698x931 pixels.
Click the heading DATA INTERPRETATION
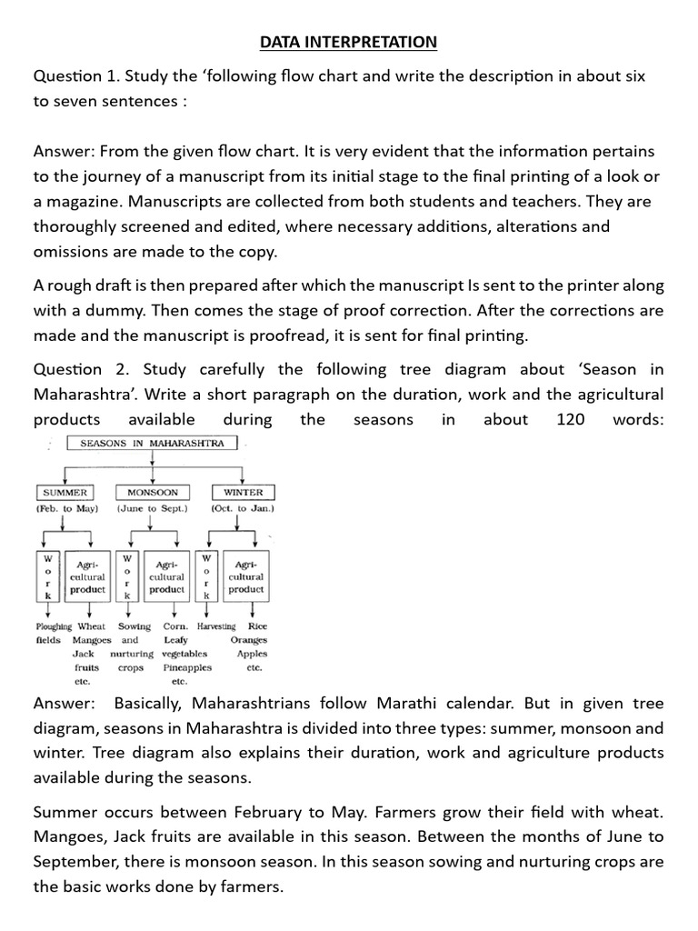point(348,42)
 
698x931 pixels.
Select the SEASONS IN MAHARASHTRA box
point(153,444)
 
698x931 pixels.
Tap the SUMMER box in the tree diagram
point(65,492)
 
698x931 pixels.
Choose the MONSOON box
point(152,492)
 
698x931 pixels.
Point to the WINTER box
point(242,492)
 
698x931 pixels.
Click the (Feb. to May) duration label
point(67,508)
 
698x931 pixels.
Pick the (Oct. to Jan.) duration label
point(242,508)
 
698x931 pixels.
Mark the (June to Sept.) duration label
point(152,508)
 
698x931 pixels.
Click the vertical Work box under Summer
point(47,576)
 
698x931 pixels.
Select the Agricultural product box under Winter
point(245,576)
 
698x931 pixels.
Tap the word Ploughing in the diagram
point(54,626)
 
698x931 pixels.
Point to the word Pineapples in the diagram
point(186,667)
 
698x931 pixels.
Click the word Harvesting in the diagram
point(215,626)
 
